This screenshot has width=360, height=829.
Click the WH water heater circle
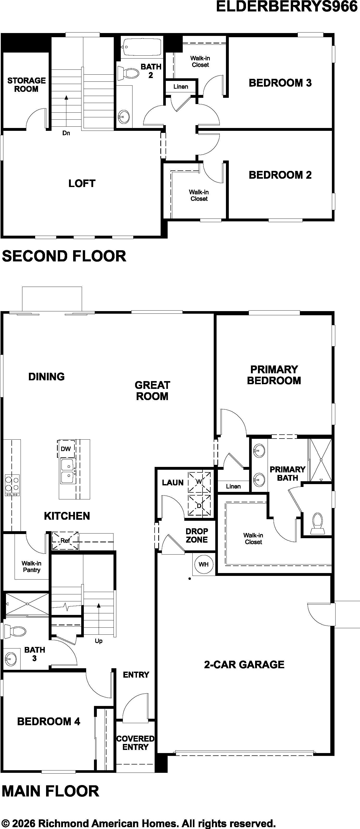204,564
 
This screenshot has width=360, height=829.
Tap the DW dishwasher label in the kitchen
66,449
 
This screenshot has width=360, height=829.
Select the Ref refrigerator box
65,540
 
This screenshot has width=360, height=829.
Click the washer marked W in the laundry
199,482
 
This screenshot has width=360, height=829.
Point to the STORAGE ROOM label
26,85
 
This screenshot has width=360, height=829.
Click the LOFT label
82,183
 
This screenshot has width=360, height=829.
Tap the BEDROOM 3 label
280,83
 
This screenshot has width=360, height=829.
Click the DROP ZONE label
197,535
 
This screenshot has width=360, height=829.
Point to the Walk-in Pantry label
31,566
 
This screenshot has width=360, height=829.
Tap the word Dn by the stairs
66,133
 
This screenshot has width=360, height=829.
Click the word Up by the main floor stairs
99,641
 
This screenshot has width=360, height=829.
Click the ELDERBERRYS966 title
287,7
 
